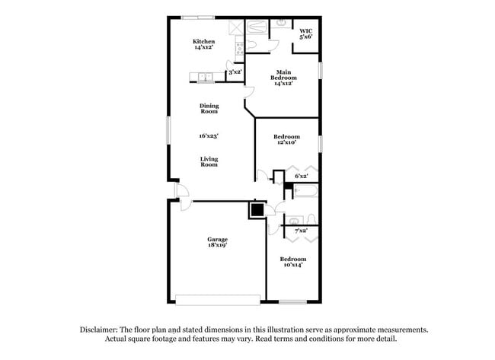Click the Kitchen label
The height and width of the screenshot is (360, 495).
(203, 44)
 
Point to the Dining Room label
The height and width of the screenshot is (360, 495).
(209, 108)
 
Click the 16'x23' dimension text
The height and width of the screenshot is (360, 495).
(209, 135)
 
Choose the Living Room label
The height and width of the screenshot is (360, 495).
(209, 161)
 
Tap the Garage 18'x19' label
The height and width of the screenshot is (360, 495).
(217, 242)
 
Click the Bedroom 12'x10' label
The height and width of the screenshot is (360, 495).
(286, 139)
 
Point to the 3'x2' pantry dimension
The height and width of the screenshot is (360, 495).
(235, 72)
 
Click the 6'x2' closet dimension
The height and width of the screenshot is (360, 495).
(302, 176)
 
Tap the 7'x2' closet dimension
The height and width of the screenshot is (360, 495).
(301, 230)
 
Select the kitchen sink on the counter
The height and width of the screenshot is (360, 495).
(204, 76)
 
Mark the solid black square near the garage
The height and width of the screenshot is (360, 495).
(257, 210)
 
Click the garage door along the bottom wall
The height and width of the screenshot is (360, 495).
(216, 298)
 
